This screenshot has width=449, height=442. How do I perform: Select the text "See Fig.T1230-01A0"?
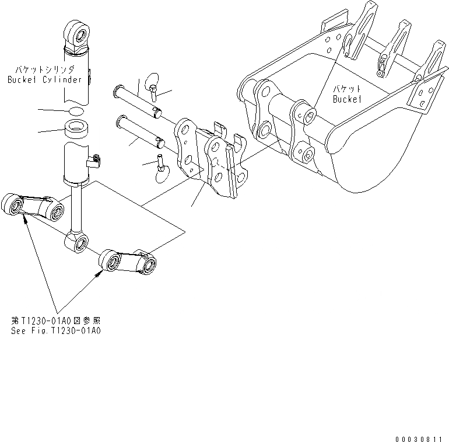click(x=56, y=330)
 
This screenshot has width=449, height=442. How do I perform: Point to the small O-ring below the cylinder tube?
click(x=76, y=110)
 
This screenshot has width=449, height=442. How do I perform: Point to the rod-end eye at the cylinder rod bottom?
click(x=77, y=241)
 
